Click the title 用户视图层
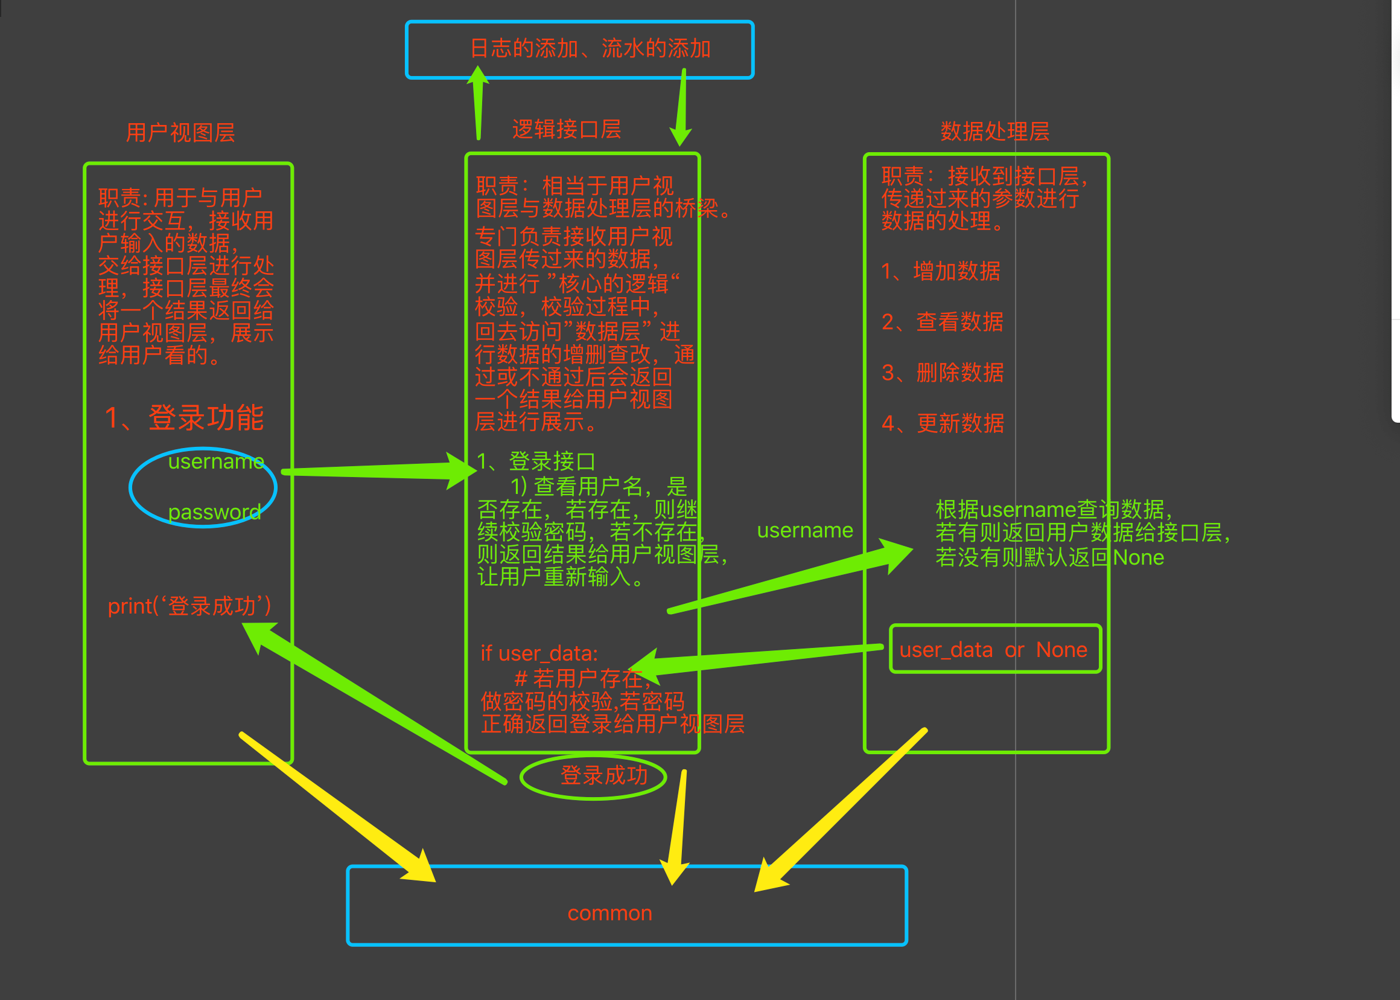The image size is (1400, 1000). (x=180, y=132)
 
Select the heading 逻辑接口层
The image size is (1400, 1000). (x=566, y=129)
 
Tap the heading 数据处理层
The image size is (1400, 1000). (x=994, y=131)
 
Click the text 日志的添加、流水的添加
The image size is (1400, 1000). (x=590, y=48)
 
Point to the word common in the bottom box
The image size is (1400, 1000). (x=609, y=912)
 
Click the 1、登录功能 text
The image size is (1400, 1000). (x=184, y=417)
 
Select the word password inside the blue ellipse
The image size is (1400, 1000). (x=214, y=511)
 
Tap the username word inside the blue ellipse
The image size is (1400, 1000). (x=216, y=461)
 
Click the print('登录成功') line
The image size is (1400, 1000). (x=189, y=606)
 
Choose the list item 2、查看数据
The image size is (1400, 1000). (x=942, y=321)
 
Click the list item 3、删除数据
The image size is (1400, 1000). (x=942, y=373)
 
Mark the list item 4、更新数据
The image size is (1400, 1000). (x=942, y=423)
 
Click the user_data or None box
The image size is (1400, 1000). (x=994, y=650)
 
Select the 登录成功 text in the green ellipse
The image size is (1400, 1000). (x=603, y=775)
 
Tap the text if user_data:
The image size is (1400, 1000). (x=539, y=653)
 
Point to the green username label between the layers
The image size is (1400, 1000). (x=804, y=530)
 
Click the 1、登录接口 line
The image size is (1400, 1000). (x=535, y=461)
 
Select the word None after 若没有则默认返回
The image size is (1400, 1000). (x=1138, y=557)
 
